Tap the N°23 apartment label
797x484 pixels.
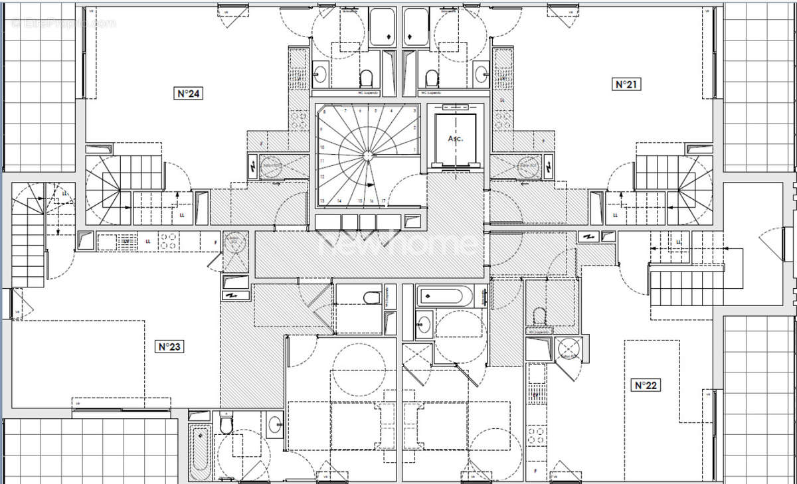tap(169, 346)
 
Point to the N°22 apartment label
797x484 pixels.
tap(646, 385)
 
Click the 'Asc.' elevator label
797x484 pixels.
tap(454, 139)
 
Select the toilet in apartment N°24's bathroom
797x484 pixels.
tap(366, 79)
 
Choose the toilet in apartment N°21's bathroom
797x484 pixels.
tap(433, 79)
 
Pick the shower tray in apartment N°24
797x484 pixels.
tap(382, 27)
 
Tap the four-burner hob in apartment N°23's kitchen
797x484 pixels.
tap(168, 241)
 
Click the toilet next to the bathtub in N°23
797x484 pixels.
tap(226, 424)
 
